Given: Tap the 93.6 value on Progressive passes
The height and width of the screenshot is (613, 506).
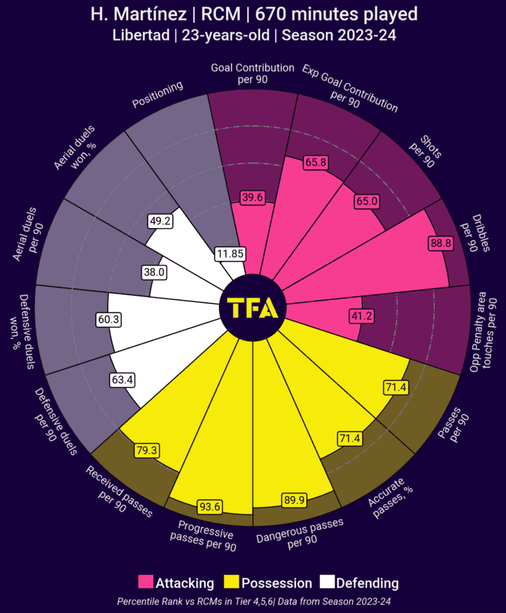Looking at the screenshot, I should (209, 507).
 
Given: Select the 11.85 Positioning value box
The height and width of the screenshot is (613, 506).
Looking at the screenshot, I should (230, 254).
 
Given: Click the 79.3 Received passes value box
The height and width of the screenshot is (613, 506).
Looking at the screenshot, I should (147, 450).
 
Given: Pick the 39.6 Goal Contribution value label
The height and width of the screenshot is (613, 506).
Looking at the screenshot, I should (252, 197).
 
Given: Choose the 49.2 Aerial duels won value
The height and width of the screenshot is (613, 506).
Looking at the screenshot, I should (160, 221).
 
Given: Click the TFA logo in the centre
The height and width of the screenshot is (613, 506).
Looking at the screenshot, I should (253, 307).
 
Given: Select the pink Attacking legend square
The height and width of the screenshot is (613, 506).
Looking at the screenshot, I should (145, 582).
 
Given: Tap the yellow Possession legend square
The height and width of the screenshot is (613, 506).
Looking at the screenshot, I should (231, 582).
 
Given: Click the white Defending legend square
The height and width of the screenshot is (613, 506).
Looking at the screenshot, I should (327, 582).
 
